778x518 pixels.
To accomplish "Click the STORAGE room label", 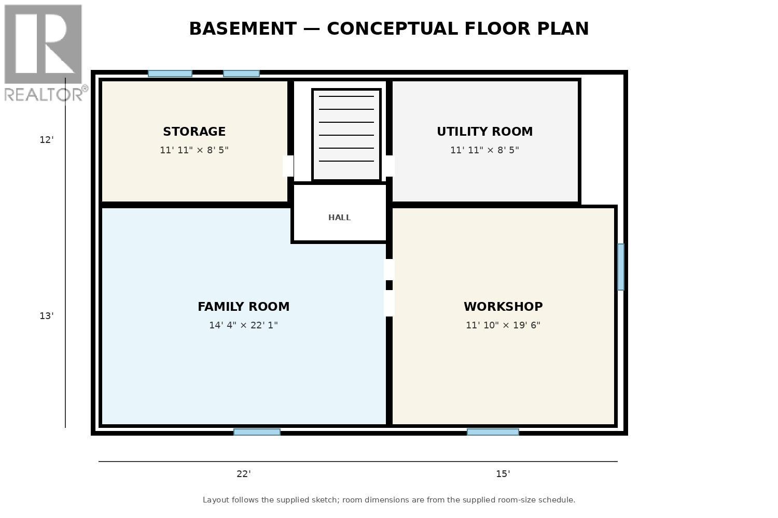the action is tap(194, 132).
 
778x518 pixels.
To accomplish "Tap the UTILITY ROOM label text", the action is tap(484, 132).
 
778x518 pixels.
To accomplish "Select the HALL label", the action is tap(339, 218).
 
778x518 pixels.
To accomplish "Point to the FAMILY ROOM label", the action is tap(243, 307).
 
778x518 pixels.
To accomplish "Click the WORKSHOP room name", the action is tap(503, 307).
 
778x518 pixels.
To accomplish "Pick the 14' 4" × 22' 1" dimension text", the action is tap(243, 325).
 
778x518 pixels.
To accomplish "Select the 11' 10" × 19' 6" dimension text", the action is tap(503, 325).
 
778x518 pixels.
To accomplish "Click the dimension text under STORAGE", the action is tap(194, 150).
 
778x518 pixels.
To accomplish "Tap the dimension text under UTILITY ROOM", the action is tap(484, 150).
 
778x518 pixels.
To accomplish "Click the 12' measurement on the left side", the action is tap(47, 140).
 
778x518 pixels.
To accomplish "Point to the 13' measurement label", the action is tap(47, 316).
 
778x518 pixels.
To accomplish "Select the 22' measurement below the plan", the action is tap(243, 474).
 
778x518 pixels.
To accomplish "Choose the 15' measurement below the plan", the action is tap(503, 474).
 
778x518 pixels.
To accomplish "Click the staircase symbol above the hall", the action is tap(346, 135).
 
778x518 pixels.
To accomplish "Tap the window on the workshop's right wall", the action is tap(621, 267).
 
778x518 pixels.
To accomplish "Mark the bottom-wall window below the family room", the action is tap(257, 432).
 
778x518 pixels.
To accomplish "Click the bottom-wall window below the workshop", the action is tap(493, 432).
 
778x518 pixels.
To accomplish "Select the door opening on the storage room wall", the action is tap(288, 166).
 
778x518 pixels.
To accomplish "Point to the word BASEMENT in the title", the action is tap(243, 28).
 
